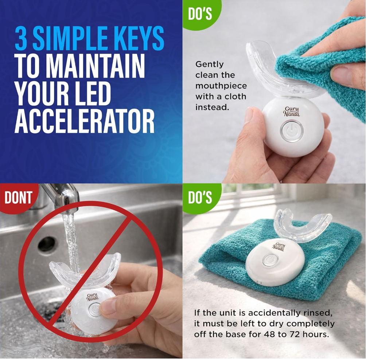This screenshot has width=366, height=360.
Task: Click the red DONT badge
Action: point(19,197)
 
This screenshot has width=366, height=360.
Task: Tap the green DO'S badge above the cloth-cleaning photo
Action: point(200,14)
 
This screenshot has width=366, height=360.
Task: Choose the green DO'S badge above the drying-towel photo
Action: point(200,197)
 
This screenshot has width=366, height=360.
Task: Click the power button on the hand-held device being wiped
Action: point(292,131)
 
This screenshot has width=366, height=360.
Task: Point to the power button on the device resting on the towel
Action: point(270,260)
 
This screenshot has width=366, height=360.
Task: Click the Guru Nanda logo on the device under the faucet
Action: point(93,297)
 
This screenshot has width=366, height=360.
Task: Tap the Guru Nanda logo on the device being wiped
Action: point(292,112)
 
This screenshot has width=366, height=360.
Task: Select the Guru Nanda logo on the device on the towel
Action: point(279,247)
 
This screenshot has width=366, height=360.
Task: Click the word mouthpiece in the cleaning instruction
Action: point(221,86)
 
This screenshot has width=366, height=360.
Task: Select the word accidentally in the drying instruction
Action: point(274,313)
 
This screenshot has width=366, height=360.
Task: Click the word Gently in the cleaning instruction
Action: point(209,64)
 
